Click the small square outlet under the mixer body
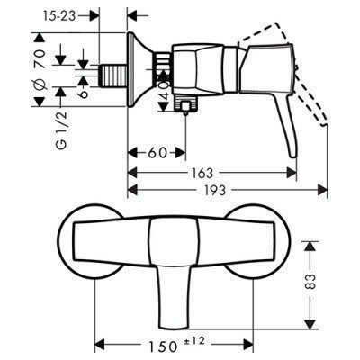click(186, 110)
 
